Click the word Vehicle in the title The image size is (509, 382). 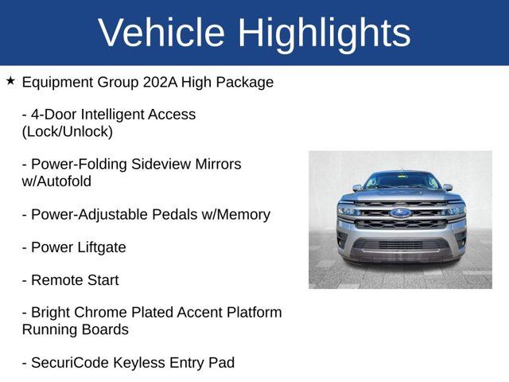pyautogui.click(x=161, y=33)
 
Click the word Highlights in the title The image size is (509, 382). pyautogui.click(x=324, y=33)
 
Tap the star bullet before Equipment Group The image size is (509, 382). pyautogui.click(x=10, y=81)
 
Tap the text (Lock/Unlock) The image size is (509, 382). pyautogui.click(x=68, y=131)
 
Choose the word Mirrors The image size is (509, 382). pyautogui.click(x=210, y=164)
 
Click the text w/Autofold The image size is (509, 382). pyautogui.click(x=56, y=181)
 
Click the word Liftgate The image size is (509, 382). pyautogui.click(x=100, y=248)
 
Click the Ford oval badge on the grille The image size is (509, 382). pyautogui.click(x=400, y=212)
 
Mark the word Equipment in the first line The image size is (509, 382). pyautogui.click(x=58, y=82)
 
